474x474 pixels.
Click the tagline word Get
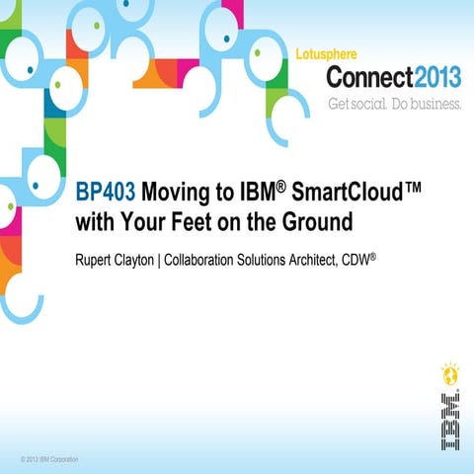pyautogui.click(x=342, y=104)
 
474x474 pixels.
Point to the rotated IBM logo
pyautogui.click(x=449, y=421)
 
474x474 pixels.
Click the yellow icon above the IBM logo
pyautogui.click(x=449, y=375)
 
